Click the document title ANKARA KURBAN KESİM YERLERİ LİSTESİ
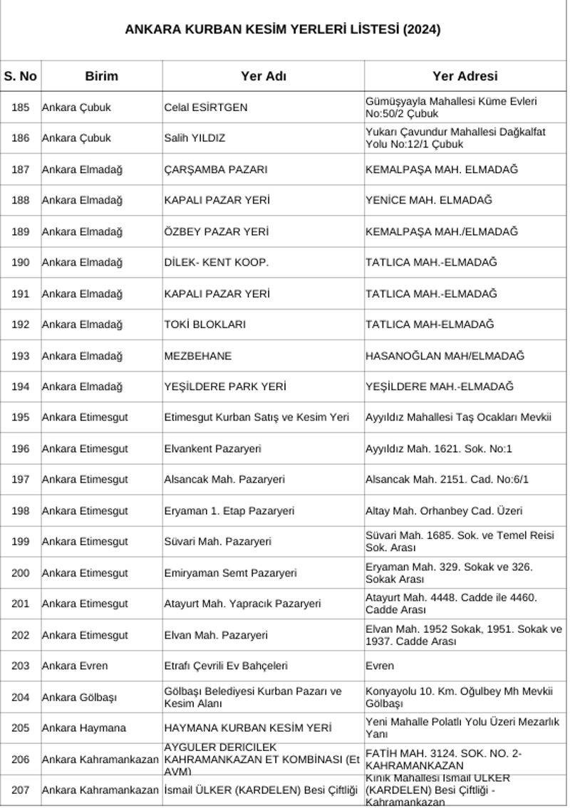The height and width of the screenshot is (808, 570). (x=283, y=30)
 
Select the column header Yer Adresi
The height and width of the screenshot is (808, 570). (x=465, y=76)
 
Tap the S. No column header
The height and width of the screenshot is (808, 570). (x=21, y=76)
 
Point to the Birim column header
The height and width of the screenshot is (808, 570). (x=101, y=76)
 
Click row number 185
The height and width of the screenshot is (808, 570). (x=21, y=107)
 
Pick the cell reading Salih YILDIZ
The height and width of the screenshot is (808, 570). (x=195, y=138)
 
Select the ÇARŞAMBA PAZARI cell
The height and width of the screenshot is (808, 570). (x=216, y=169)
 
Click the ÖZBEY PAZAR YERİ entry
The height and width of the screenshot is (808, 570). (x=217, y=231)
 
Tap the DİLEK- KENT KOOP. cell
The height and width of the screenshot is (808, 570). (x=217, y=263)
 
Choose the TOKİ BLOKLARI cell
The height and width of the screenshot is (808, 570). (x=205, y=325)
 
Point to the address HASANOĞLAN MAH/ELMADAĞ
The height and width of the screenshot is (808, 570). (x=445, y=356)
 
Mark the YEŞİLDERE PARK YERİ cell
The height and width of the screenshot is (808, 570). (x=225, y=387)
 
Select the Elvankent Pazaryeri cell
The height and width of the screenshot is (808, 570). (x=212, y=448)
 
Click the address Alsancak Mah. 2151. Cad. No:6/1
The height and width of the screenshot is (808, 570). (x=447, y=480)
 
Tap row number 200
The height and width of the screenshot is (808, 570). (x=21, y=572)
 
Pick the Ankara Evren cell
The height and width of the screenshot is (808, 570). (x=75, y=666)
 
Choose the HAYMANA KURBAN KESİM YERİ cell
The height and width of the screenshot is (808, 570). (x=248, y=728)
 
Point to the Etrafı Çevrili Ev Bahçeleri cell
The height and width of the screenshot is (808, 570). (x=226, y=666)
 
